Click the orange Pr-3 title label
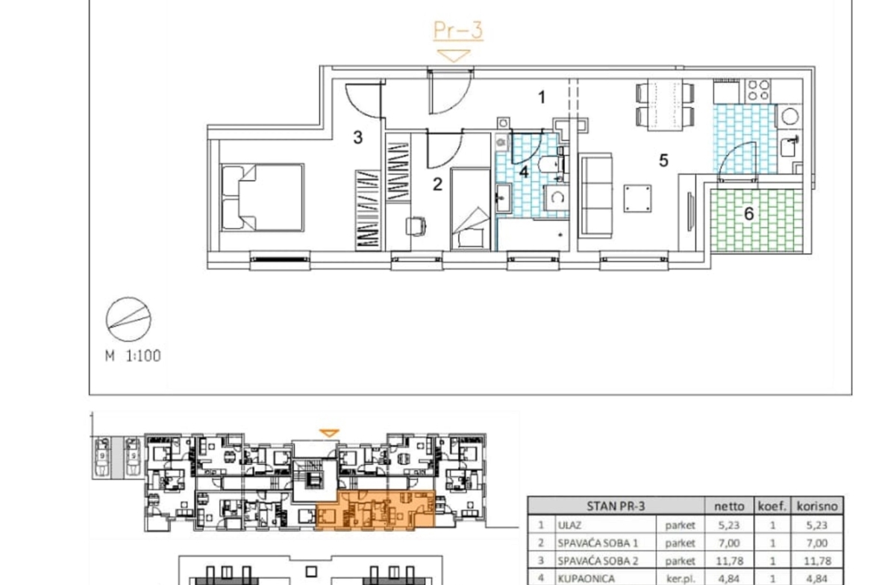(457, 31)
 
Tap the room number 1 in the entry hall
(542, 98)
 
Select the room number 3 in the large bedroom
(358, 137)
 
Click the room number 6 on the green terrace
(749, 214)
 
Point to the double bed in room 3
(262, 197)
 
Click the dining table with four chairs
(666, 104)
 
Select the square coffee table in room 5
(637, 198)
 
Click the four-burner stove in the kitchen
(758, 91)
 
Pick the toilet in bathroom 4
(551, 165)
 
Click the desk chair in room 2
(416, 226)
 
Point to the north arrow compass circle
(128, 319)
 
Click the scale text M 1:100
(133, 356)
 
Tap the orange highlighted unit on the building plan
(375, 510)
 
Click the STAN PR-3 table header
(616, 506)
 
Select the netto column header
(729, 506)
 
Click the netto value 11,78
(729, 561)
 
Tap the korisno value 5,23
(817, 525)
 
